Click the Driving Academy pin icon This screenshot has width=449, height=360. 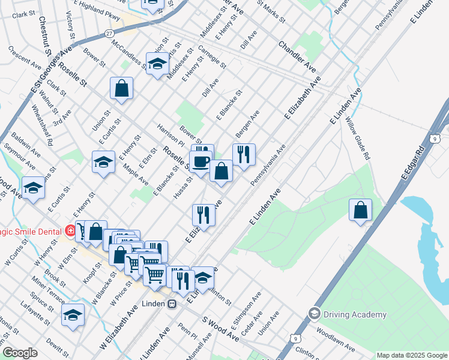[313, 314]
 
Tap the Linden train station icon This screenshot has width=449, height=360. [172, 304]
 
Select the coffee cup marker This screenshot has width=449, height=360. [200, 161]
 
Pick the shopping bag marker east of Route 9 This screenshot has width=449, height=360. [360, 211]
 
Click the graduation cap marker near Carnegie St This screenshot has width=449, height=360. [157, 64]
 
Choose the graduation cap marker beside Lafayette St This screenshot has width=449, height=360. [73, 315]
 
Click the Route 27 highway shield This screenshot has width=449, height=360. [108, 34]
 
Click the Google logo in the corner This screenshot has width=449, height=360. [20, 353]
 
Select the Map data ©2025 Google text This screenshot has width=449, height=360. [412, 355]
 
